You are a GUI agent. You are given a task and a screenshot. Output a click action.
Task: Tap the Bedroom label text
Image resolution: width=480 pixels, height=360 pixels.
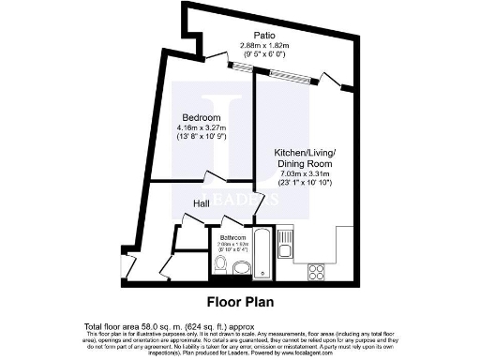pos(201,117)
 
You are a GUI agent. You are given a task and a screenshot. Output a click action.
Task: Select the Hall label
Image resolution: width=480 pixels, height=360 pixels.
pos(201,203)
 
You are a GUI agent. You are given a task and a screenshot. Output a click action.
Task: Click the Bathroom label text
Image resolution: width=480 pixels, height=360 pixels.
pos(232,238)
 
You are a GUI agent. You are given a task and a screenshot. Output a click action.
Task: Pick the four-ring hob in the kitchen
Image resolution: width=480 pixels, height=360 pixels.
pos(317,272)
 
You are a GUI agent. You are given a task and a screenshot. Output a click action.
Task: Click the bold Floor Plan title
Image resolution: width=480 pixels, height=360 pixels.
pos(239,303)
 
